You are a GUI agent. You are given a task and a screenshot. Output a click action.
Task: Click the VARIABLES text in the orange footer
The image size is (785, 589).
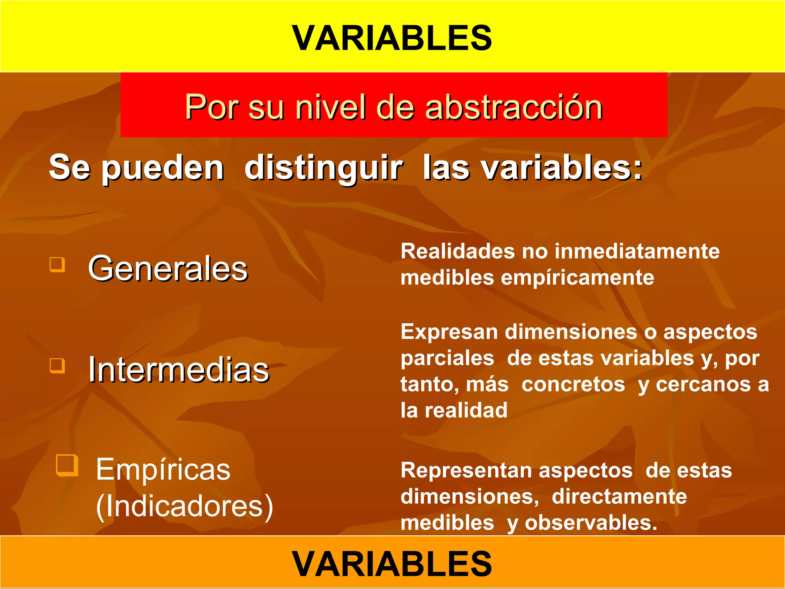coord(392,563)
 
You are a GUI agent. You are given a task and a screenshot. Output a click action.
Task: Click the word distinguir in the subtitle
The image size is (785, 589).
coord(324,168)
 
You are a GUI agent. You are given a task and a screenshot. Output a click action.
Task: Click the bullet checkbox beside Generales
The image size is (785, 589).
coord(57,264)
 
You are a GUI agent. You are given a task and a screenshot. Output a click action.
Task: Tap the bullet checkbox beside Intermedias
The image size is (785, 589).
coord(57,365)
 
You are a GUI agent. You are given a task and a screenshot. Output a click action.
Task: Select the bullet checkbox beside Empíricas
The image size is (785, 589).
coord(67,465)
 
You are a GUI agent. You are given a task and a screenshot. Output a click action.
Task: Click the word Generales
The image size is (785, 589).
coord(168,268)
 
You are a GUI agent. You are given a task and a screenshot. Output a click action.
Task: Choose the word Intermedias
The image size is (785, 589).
coord(179,370)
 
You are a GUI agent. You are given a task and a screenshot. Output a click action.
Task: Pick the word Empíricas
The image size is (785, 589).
coord(163,469)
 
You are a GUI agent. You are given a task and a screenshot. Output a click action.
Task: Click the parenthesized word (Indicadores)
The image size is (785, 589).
coord(184,506)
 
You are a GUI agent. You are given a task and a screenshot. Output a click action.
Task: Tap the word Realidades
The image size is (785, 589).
coord(458,252)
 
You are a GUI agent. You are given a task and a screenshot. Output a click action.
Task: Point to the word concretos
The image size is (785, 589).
coord(573,384)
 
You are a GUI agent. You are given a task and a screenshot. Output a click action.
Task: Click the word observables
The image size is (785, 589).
coord(590,523)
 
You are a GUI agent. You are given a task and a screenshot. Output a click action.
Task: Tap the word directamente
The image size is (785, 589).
coord(619,497)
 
